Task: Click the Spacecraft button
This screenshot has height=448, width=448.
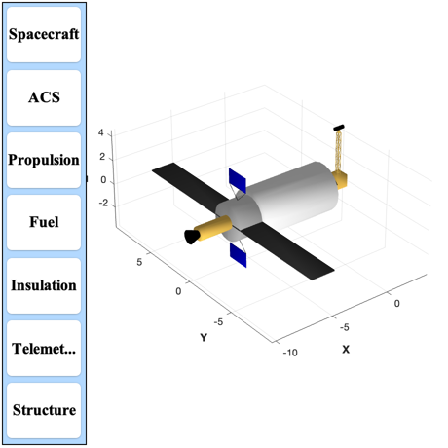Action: point(44,35)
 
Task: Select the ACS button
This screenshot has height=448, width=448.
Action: point(44,97)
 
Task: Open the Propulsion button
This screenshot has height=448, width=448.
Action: point(44,160)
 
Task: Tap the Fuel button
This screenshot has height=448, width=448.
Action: point(44,222)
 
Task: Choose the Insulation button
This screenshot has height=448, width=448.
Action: point(44,285)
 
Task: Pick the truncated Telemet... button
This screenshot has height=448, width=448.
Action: point(44,349)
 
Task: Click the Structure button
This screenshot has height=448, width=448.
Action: point(44,410)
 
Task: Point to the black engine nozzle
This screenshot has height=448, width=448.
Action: point(192,237)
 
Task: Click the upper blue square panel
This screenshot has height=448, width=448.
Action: point(238,180)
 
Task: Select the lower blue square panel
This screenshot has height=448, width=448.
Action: point(238,255)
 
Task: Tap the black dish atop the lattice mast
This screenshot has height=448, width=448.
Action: point(339,128)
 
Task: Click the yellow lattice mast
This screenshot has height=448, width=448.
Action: point(338,151)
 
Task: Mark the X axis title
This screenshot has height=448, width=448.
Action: point(346,350)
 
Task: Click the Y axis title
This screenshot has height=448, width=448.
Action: point(204,338)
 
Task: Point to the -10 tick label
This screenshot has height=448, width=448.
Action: point(290,353)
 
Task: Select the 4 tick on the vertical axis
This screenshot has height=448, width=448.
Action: point(101,132)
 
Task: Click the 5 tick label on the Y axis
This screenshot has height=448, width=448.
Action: point(139,262)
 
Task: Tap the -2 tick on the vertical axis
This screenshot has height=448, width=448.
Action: point(103,203)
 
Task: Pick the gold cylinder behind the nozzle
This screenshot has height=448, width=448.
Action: point(213,228)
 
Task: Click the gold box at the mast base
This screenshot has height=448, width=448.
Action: point(340,180)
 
